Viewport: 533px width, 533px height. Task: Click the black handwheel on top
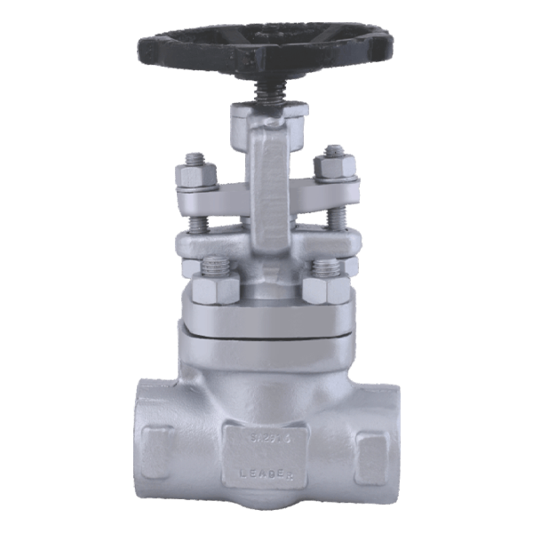(x=266, y=53)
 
